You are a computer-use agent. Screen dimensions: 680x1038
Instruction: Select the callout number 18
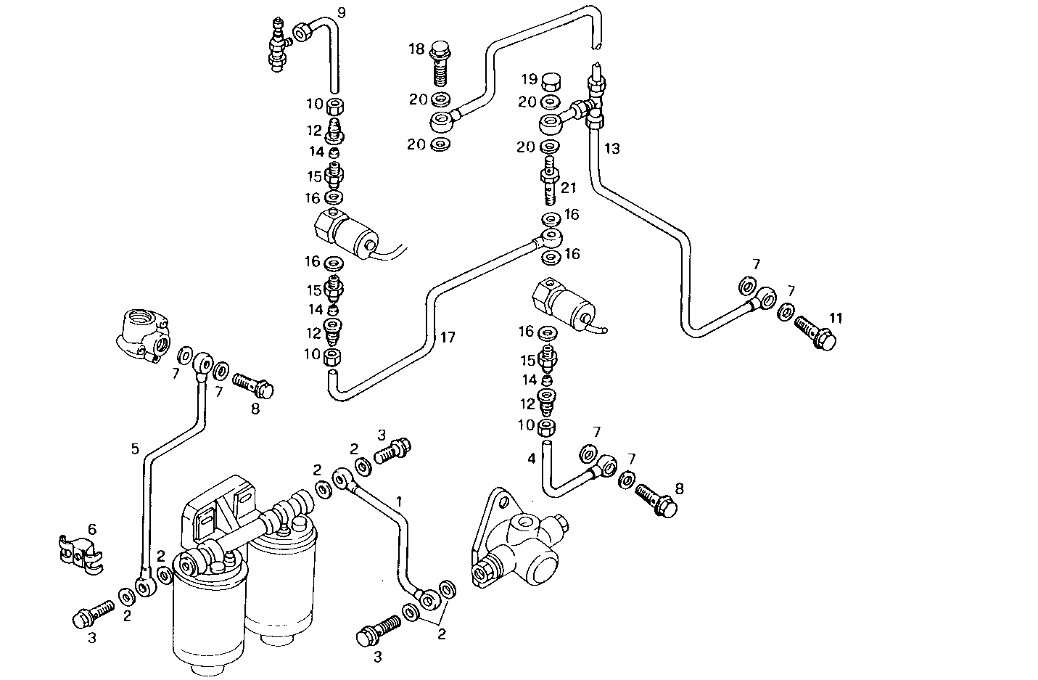tap(416, 49)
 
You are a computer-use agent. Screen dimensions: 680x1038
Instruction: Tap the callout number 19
tap(530, 78)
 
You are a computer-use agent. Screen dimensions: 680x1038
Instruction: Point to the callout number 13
tap(612, 149)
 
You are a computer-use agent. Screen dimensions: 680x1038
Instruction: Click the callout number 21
tap(568, 188)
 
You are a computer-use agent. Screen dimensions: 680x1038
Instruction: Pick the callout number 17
tap(448, 337)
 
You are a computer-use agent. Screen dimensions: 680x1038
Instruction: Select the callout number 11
tap(836, 318)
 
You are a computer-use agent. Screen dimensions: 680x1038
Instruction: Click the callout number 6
tap(91, 529)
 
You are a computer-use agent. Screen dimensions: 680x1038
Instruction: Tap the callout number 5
tap(135, 448)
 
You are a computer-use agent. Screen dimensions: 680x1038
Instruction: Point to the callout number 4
tap(532, 458)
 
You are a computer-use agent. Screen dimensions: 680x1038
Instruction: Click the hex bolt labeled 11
tap(816, 332)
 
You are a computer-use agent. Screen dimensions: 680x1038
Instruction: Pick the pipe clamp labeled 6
tap(80, 554)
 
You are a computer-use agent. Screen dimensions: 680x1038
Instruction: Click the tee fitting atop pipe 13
tap(594, 102)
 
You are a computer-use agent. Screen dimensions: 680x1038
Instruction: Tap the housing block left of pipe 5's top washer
tap(144, 335)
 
